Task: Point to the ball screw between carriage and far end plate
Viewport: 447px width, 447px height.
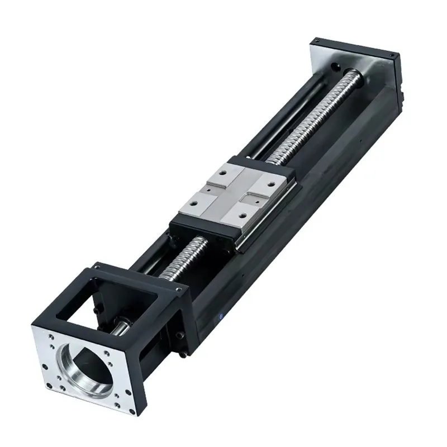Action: [x=313, y=117]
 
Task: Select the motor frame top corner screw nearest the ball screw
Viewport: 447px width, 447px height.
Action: [x=179, y=289]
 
